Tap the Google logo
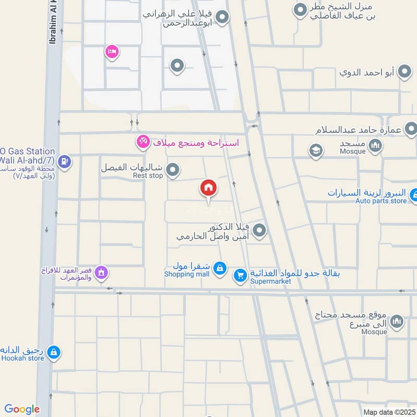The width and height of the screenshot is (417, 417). tap(22, 409)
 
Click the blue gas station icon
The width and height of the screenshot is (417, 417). tap(65, 162)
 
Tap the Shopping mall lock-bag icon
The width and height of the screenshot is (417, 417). tap(220, 267)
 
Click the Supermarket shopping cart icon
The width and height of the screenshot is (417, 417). tap(240, 275)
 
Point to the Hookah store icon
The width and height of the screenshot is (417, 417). tap(53, 353)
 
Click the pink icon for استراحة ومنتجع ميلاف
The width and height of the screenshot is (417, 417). tap(142, 141)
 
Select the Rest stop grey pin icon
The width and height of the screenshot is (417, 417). tap(173, 169)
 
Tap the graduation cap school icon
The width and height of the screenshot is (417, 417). tap(315, 151)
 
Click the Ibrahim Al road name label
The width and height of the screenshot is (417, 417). tap(53, 21)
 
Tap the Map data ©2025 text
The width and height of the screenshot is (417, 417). tap(388, 412)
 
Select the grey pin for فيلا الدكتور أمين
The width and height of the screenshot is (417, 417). tap(260, 230)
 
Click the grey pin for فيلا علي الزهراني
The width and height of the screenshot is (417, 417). tap(223, 18)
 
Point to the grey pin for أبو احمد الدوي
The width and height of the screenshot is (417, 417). tap(404, 72)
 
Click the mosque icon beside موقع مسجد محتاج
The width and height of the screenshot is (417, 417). tap(397, 321)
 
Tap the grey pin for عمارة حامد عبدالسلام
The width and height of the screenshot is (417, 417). tap(411, 128)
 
